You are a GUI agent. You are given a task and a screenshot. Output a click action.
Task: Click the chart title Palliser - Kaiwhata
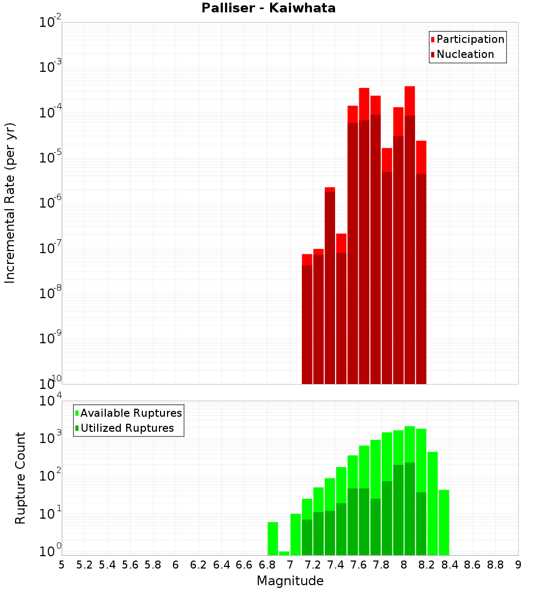click(268, 8)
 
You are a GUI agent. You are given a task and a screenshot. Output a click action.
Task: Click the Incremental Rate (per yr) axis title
click(10, 203)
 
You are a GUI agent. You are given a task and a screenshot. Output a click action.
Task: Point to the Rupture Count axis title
click(20, 477)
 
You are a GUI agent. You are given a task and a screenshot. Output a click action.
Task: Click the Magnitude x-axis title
click(290, 581)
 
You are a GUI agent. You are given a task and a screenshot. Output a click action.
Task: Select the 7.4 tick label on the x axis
click(336, 565)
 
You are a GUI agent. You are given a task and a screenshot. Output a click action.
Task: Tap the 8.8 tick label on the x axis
click(495, 565)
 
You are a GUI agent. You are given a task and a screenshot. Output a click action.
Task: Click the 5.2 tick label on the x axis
click(84, 565)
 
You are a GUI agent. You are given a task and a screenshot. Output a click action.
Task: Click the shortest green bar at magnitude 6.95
click(284, 553)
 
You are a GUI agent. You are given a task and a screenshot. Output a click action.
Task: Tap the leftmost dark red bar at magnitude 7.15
click(307, 324)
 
